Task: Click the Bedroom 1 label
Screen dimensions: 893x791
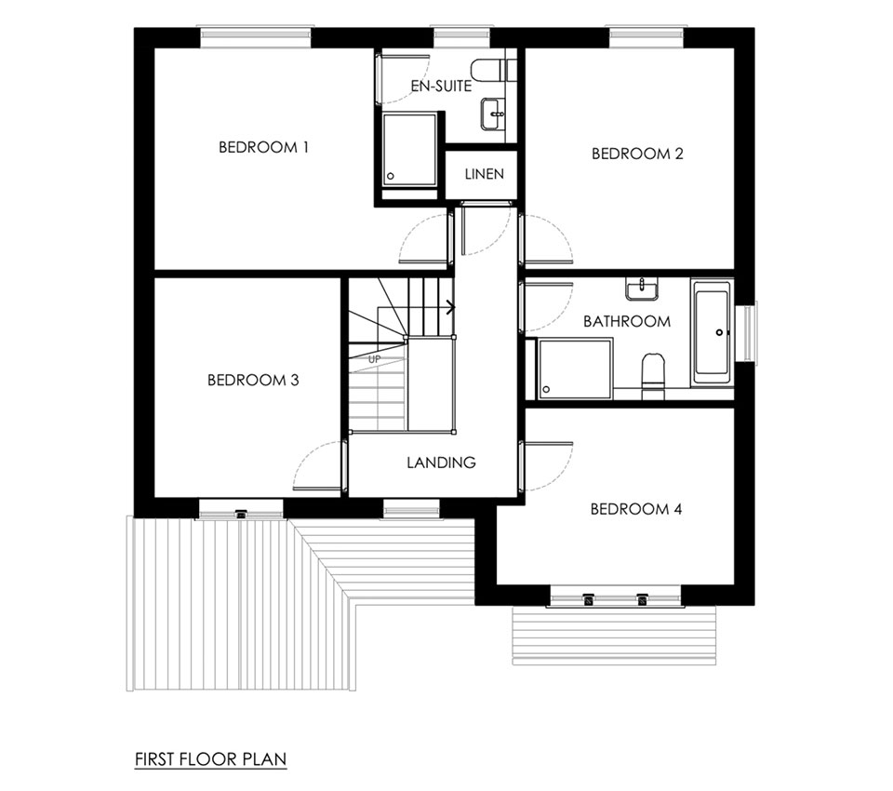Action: click(263, 148)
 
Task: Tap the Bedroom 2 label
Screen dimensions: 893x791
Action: click(637, 154)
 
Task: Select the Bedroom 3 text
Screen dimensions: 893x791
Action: click(253, 380)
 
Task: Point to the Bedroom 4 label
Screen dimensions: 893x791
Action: click(636, 509)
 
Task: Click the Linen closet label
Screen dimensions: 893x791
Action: click(484, 174)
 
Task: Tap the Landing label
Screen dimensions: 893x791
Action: click(441, 463)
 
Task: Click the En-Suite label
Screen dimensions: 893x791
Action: click(441, 86)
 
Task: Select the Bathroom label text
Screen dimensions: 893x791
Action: click(627, 321)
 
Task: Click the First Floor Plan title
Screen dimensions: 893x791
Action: click(211, 759)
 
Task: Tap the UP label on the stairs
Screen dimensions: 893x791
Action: click(374, 359)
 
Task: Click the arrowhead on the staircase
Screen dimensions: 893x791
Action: click(451, 308)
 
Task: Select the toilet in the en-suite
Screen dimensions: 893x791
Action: click(494, 70)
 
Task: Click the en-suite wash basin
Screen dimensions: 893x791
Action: click(493, 114)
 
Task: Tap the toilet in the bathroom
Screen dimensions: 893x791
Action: click(653, 375)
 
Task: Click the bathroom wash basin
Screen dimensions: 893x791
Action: click(642, 288)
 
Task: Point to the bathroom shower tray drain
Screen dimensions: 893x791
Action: click(547, 390)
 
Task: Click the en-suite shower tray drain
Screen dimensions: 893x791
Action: click(391, 176)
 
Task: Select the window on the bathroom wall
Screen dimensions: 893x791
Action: click(747, 333)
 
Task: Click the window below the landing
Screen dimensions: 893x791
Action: click(412, 508)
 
